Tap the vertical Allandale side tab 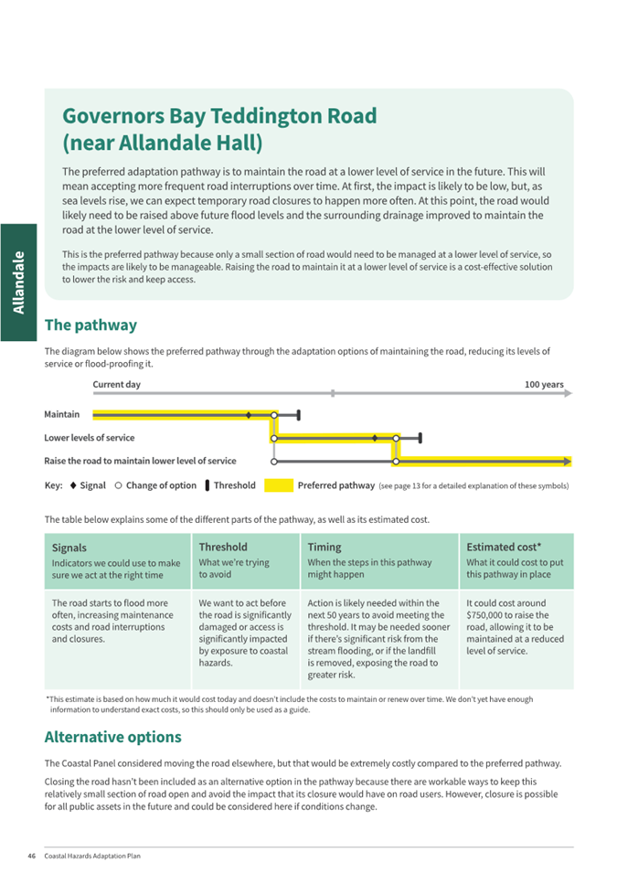click(x=17, y=282)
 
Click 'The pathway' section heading click(x=90, y=325)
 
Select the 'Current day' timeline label click(x=116, y=385)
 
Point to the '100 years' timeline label click(x=544, y=385)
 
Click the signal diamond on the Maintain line click(x=249, y=415)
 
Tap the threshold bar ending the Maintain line click(x=300, y=415)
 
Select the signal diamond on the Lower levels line click(x=375, y=438)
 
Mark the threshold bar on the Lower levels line click(x=420, y=438)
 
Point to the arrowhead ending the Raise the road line click(x=568, y=461)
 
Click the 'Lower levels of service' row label click(x=90, y=438)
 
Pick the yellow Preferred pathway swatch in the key click(x=279, y=485)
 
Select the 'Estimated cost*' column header click(x=504, y=547)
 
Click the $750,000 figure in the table click(x=486, y=616)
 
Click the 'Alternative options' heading click(x=112, y=737)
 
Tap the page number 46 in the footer click(x=31, y=857)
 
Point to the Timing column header click(x=324, y=547)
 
